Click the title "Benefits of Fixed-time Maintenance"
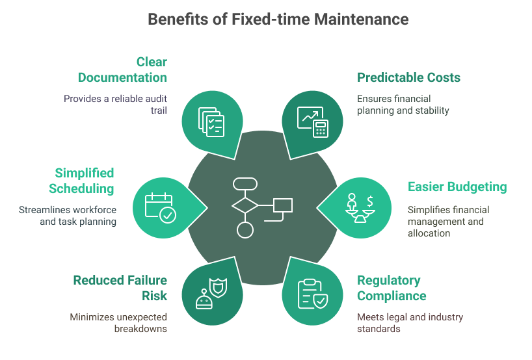click(x=278, y=19)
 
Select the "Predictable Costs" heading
click(x=408, y=78)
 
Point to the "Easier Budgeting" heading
click(x=457, y=187)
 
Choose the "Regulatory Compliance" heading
click(x=392, y=289)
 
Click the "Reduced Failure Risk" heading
click(x=120, y=289)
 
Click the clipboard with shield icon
click(x=313, y=293)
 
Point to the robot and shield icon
click(x=211, y=293)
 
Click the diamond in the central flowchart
click(x=245, y=206)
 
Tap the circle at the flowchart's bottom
click(x=245, y=229)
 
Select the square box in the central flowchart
click(x=283, y=206)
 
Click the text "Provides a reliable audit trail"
click(x=115, y=105)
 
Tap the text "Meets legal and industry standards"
click(x=410, y=323)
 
